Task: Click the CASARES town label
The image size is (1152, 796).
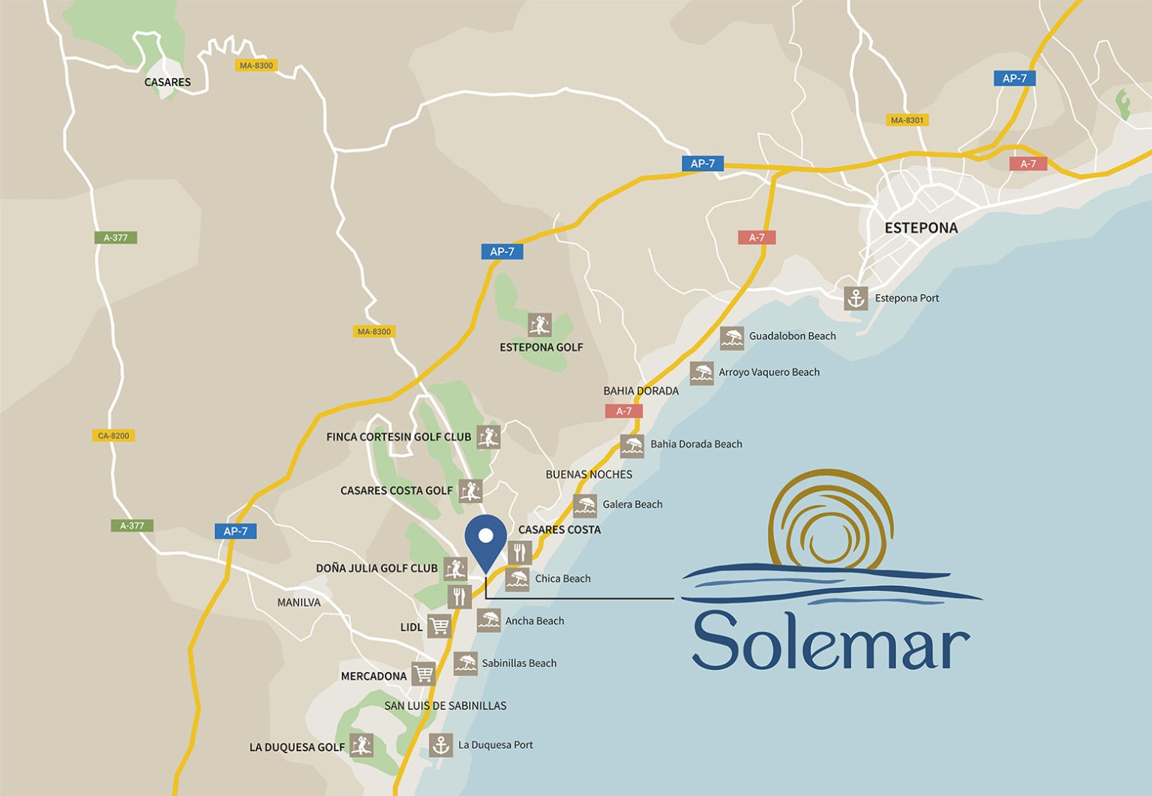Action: [167, 83]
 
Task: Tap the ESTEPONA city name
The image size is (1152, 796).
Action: [920, 228]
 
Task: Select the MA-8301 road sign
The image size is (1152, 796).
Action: [907, 120]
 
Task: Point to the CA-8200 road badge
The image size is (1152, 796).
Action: [113, 436]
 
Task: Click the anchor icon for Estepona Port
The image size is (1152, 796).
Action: [856, 299]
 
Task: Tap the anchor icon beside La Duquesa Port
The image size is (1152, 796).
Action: [441, 745]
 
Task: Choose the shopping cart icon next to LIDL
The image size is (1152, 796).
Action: [439, 626]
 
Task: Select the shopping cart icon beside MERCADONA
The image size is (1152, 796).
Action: [423, 674]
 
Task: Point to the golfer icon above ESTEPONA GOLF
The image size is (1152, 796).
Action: [539, 325]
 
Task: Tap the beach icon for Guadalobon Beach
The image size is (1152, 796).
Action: [732, 338]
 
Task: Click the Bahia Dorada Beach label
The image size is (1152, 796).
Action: [696, 444]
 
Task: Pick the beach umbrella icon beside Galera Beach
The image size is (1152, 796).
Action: [585, 505]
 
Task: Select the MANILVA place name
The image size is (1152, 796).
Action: [298, 602]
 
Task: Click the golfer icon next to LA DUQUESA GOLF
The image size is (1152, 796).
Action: [361, 745]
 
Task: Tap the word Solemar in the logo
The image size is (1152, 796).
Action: [830, 641]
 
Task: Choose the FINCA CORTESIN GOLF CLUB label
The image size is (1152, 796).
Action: [398, 437]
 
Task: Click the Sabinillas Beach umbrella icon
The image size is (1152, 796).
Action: [465, 663]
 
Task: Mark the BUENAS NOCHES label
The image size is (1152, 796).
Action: [589, 475]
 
